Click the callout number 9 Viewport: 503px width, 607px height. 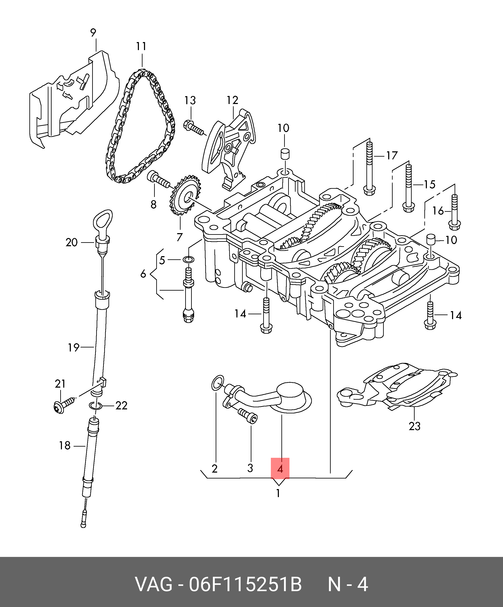click(93, 33)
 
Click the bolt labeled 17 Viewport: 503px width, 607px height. click(369, 168)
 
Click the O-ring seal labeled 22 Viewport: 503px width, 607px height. click(95, 406)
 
